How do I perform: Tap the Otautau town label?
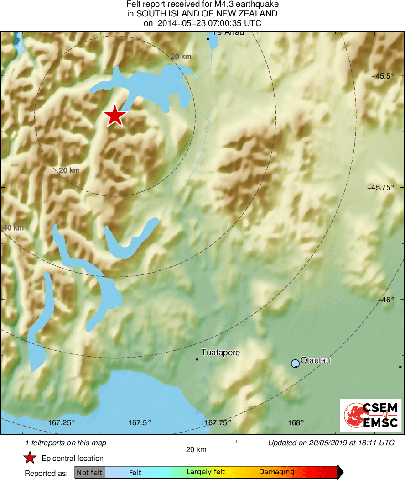click(316, 360)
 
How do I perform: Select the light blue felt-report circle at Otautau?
click(295, 364)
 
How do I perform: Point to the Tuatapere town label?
click(220, 353)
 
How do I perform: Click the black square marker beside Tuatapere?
click(197, 359)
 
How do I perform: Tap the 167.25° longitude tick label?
click(62, 422)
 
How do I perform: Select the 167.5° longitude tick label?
click(140, 422)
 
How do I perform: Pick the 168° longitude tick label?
click(296, 422)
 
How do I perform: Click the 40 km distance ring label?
click(12, 228)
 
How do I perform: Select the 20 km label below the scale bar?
click(196, 449)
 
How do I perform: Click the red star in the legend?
click(30, 458)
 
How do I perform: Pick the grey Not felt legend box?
click(90, 472)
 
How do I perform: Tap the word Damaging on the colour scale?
click(276, 472)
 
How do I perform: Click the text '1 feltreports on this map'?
click(66, 443)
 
